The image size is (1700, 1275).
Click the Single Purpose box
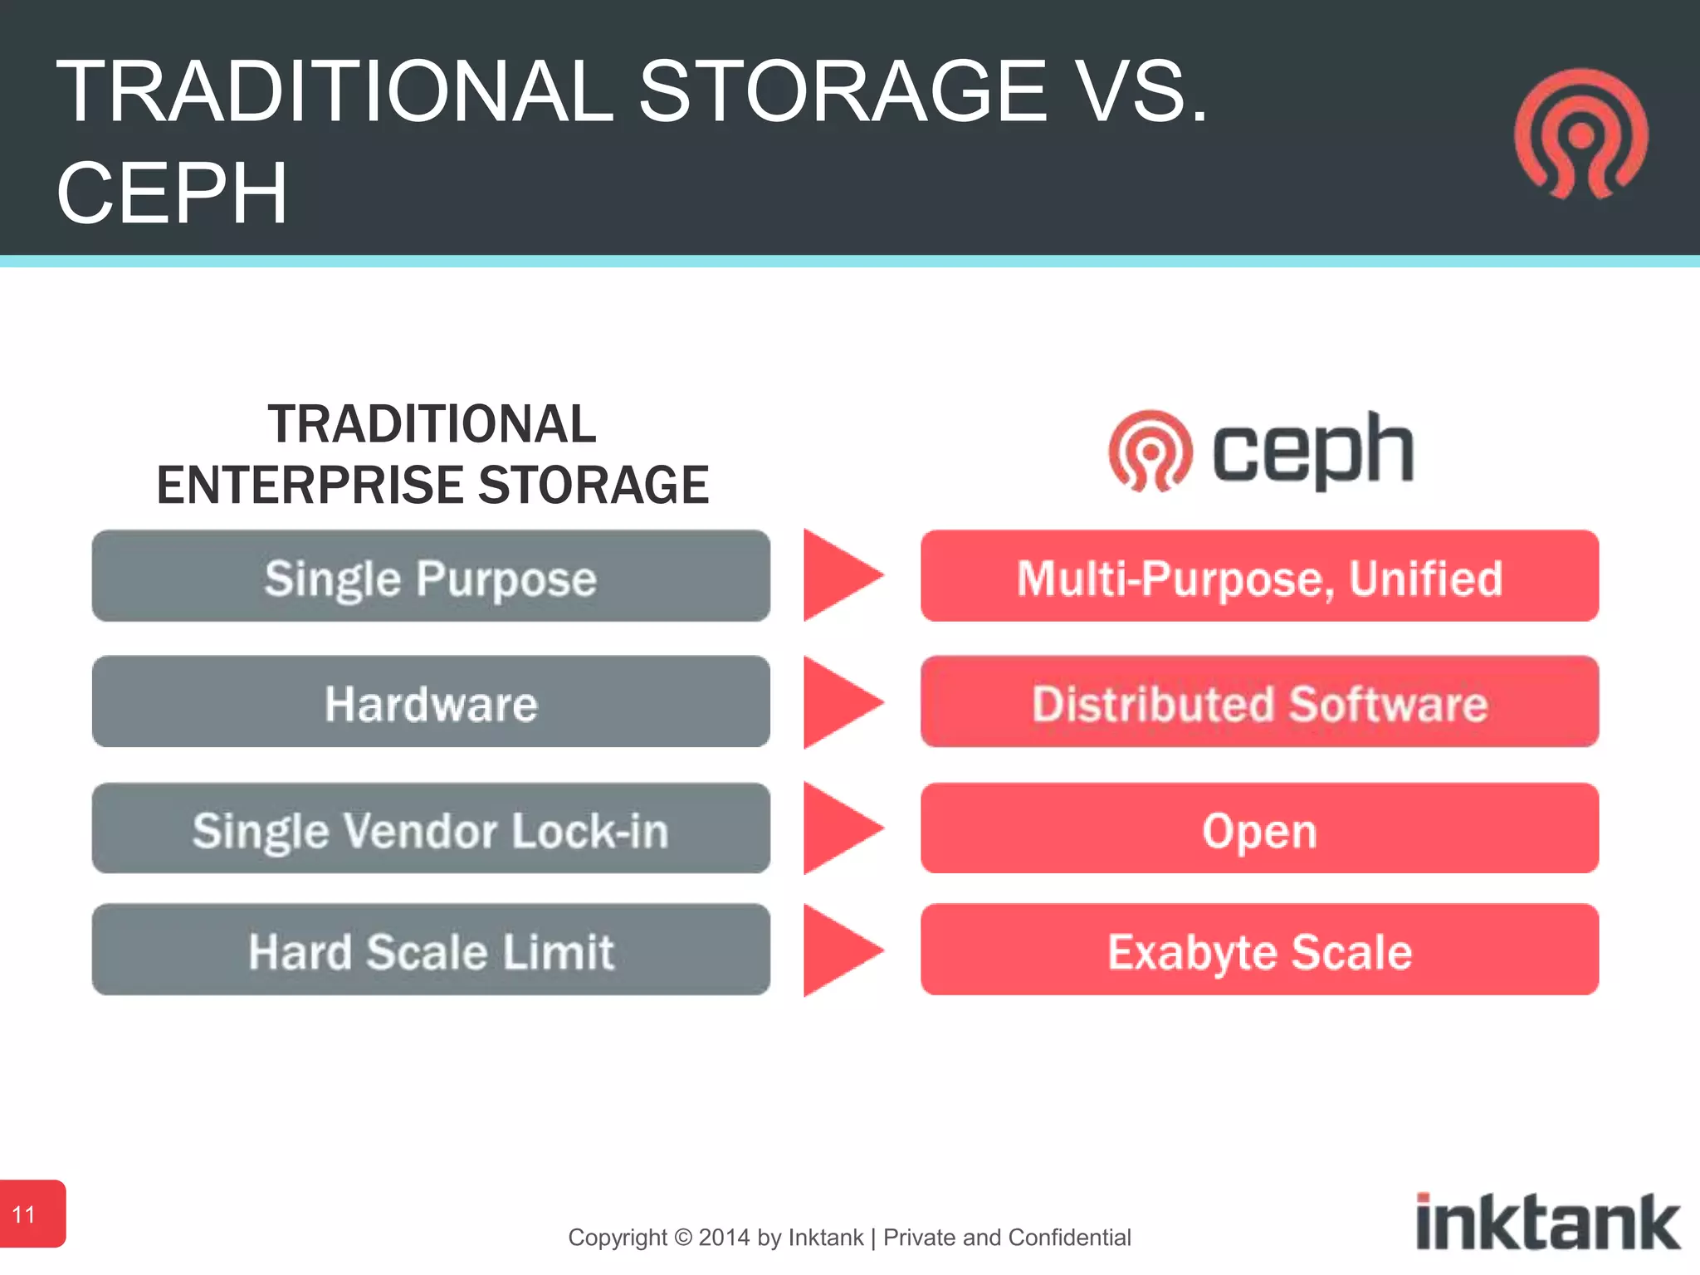pyautogui.click(x=431, y=576)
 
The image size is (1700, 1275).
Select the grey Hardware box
pyautogui.click(x=431, y=702)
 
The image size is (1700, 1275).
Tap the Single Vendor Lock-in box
pyautogui.click(x=431, y=828)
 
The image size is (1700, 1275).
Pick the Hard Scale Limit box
pyautogui.click(x=431, y=950)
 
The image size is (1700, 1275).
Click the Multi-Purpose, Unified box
pyautogui.click(x=1259, y=576)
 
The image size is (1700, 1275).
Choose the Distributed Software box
pyautogui.click(x=1259, y=702)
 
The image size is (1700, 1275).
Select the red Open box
pyautogui.click(x=1259, y=828)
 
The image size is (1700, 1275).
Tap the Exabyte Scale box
pyautogui.click(x=1259, y=950)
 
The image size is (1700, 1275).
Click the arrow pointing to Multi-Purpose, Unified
pyautogui.click(x=838, y=575)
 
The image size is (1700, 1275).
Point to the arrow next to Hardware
pyautogui.click(x=838, y=702)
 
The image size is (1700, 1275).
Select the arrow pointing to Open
pyautogui.click(x=838, y=828)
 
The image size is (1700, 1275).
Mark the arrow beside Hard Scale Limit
pyautogui.click(x=838, y=950)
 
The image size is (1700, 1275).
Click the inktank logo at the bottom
pyautogui.click(x=1547, y=1222)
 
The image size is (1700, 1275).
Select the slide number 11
pyautogui.click(x=25, y=1214)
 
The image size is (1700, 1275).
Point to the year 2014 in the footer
pyautogui.click(x=725, y=1238)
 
